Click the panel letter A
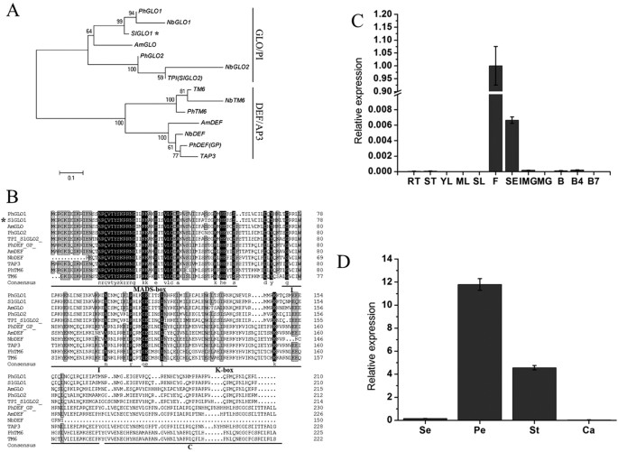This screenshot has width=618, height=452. (x=13, y=11)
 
